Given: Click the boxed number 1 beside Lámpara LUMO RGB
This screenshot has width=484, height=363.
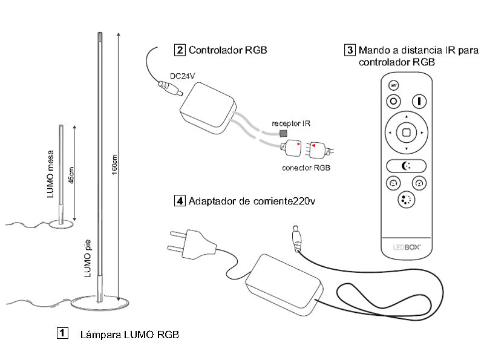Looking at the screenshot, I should pyautogui.click(x=62, y=334).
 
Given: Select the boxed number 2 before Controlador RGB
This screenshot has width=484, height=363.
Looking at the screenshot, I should pyautogui.click(x=180, y=50).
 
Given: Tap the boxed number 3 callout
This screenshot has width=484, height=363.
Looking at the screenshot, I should pyautogui.click(x=350, y=50).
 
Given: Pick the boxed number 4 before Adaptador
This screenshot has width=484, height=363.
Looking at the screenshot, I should pyautogui.click(x=180, y=201).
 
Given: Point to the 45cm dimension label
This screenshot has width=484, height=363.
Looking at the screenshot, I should pyautogui.click(x=73, y=175).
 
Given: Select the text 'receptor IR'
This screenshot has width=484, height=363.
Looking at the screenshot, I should pyautogui.click(x=290, y=123).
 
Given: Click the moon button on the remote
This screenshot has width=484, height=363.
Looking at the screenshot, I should pyautogui.click(x=407, y=166).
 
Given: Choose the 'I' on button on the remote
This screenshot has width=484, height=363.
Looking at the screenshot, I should pyautogui.click(x=419, y=101).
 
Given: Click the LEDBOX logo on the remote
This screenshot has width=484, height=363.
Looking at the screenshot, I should pyautogui.click(x=407, y=247).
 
